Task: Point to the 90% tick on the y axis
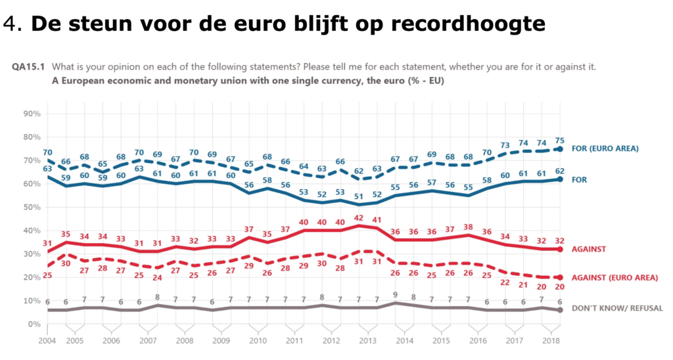click(x=32, y=114)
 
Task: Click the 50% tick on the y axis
click(x=32, y=207)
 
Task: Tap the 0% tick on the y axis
click(x=35, y=324)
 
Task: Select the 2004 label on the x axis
click(x=47, y=341)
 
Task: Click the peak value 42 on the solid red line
click(x=358, y=217)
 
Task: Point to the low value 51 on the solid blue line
click(x=358, y=195)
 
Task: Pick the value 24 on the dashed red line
click(x=156, y=277)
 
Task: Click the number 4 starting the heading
click(x=9, y=24)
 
